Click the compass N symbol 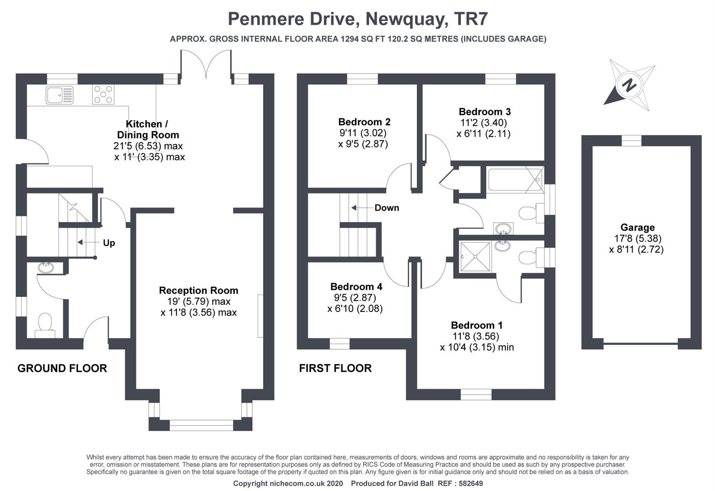[630, 85]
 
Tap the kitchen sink [59, 95]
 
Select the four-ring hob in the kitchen [103, 95]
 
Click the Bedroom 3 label [485, 111]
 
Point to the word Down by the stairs [386, 208]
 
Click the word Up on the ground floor [109, 243]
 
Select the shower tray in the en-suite [475, 257]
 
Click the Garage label [637, 227]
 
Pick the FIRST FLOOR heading [335, 368]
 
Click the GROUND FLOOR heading [62, 368]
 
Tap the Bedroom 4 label [356, 286]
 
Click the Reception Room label [198, 290]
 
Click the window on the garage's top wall [631, 140]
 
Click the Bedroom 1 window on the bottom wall [476, 394]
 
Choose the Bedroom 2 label [364, 122]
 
